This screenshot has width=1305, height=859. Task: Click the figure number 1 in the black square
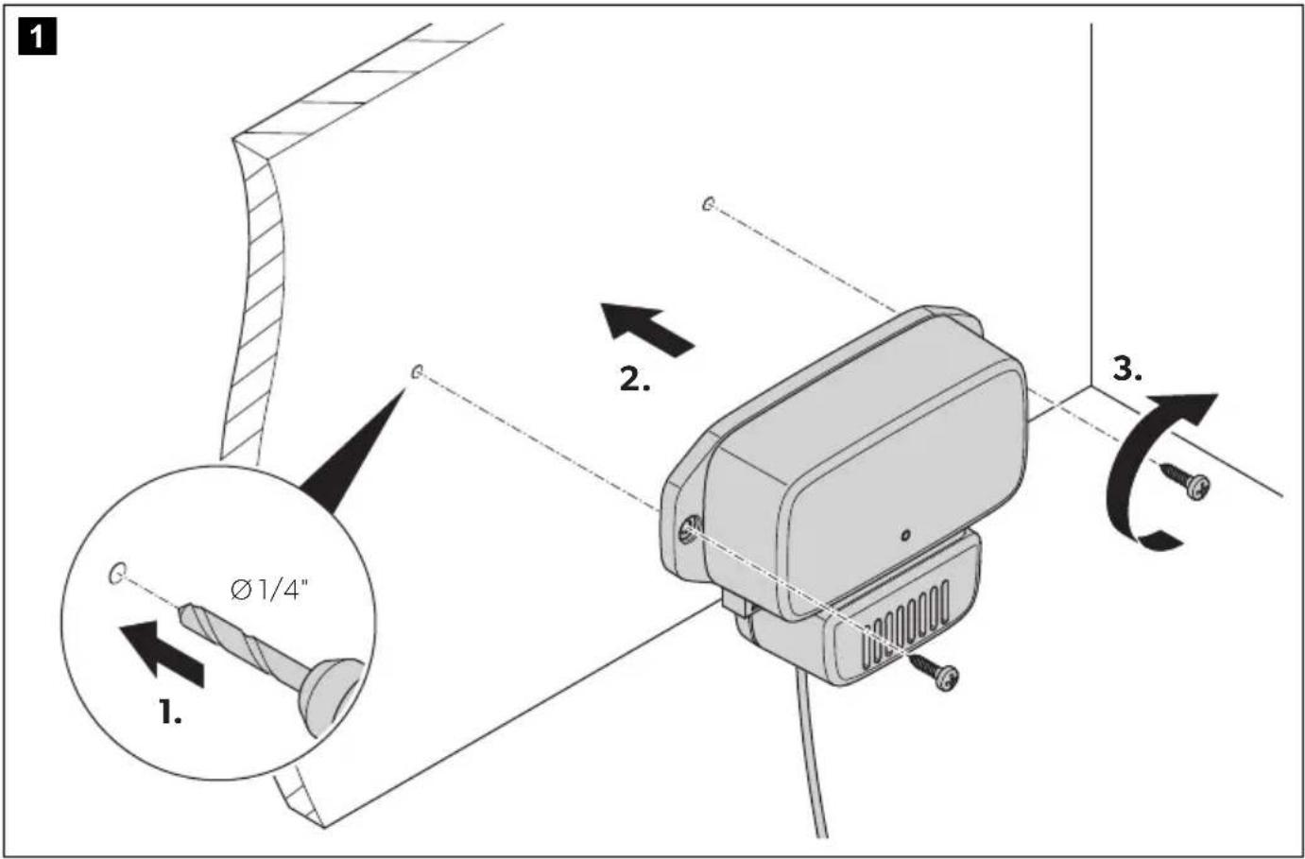(x=37, y=36)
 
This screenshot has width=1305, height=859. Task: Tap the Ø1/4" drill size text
(x=268, y=591)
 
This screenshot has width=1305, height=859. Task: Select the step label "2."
(x=635, y=379)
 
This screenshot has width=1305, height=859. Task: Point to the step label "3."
(x=1127, y=369)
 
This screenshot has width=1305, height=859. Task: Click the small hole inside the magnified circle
(x=117, y=573)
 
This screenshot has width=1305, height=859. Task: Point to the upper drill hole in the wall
(x=708, y=204)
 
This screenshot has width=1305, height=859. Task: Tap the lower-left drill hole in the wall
(x=417, y=371)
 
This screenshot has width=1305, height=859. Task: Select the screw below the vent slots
(x=934, y=673)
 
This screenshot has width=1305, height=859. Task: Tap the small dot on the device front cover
(x=905, y=535)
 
